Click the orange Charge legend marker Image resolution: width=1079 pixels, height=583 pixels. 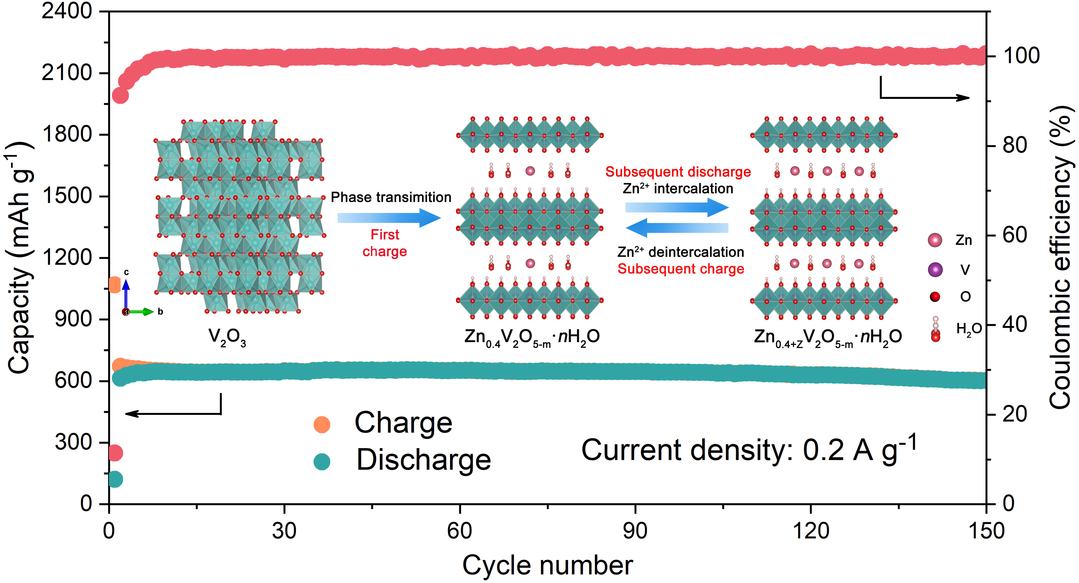(x=322, y=425)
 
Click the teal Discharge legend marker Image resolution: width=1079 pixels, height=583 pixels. (x=322, y=461)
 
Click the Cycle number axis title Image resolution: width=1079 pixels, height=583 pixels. (x=547, y=565)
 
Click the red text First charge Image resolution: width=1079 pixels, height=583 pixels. (x=384, y=243)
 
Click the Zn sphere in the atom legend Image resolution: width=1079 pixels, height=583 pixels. (x=935, y=240)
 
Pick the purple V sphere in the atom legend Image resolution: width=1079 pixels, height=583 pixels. (x=935, y=269)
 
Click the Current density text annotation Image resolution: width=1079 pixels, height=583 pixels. (x=749, y=450)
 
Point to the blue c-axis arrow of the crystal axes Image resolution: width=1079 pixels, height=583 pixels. (x=126, y=296)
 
